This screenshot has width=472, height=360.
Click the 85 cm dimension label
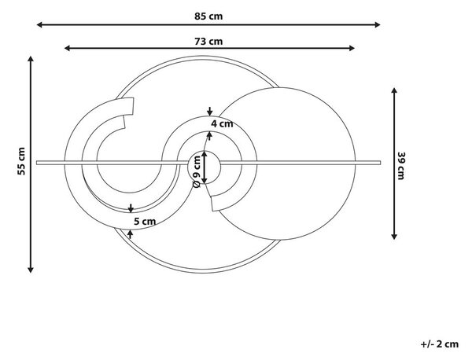pos(208,16)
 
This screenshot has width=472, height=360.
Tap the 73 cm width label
pos(208,41)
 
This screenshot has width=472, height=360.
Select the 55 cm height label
pos(21,161)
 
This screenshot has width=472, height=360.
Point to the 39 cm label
pos(401,166)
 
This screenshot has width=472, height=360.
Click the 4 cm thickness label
pos(222,123)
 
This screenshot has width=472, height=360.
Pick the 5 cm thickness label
pos(145,222)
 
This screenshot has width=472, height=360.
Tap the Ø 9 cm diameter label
pos(196,171)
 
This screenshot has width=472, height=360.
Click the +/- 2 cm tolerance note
pos(440,344)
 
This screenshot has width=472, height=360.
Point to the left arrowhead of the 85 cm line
pos(39,24)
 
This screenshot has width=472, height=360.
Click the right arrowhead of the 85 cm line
pos(378,24)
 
